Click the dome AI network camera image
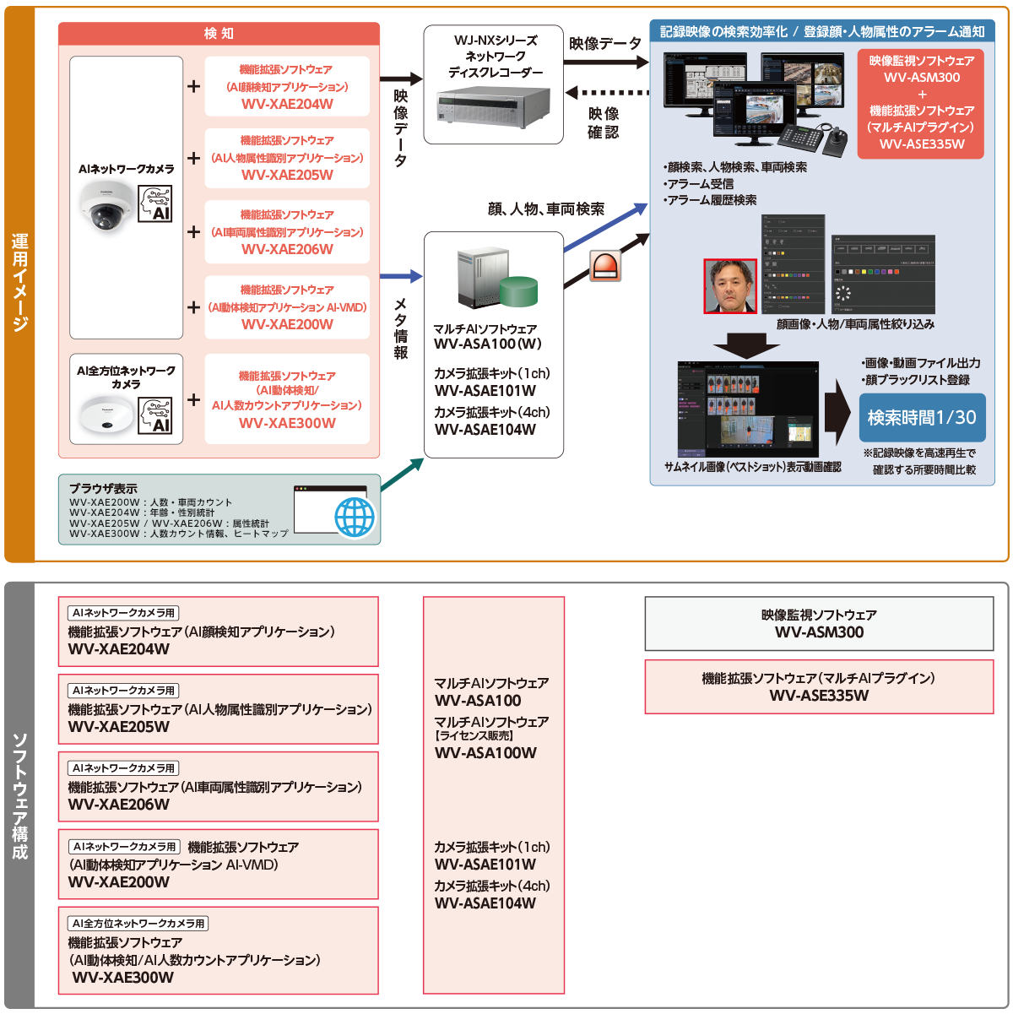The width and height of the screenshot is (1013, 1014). click(106, 208)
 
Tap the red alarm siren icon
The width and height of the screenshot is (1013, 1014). click(605, 265)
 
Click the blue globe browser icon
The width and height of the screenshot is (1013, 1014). click(355, 516)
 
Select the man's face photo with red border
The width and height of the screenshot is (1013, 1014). click(730, 286)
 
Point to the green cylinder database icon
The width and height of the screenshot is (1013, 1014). click(517, 291)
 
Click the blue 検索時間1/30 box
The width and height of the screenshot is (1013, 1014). click(922, 417)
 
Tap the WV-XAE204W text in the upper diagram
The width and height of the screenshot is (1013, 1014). click(287, 104)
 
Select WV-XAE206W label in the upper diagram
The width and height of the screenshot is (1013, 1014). click(287, 249)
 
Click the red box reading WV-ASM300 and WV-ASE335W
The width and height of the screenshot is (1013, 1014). click(922, 103)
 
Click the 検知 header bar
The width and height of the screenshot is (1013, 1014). click(219, 33)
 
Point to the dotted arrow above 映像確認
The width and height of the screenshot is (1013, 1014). click(607, 92)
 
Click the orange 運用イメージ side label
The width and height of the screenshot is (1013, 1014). click(19, 284)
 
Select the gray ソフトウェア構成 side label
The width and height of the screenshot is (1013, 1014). click(19, 794)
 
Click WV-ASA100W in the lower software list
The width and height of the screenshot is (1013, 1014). click(485, 753)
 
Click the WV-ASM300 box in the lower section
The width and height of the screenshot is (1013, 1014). click(818, 624)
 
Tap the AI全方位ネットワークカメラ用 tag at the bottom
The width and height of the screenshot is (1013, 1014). click(138, 924)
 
